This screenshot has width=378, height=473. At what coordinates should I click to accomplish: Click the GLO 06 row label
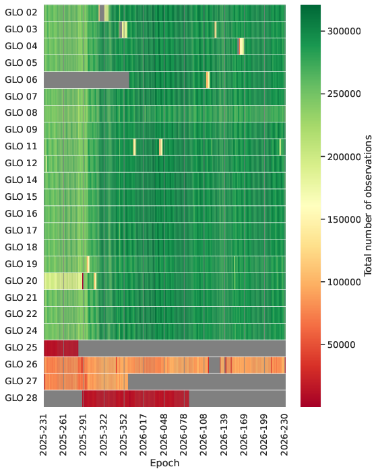point(21,79)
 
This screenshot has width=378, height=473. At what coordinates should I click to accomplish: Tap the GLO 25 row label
point(21,347)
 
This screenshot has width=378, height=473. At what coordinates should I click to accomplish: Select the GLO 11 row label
point(21,146)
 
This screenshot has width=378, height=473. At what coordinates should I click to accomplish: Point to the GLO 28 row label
point(21,398)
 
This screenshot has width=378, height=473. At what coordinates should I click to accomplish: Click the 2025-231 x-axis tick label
point(44,435)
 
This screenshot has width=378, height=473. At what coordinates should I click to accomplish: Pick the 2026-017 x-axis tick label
point(144,435)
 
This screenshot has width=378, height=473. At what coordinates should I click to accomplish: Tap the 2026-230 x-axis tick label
point(285,435)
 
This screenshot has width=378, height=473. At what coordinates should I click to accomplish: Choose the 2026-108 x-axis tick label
point(204,435)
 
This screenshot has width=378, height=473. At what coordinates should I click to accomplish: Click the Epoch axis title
point(164,463)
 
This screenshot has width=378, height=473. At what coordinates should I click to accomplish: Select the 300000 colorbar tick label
point(344,31)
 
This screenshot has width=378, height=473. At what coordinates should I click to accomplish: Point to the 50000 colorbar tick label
point(341,344)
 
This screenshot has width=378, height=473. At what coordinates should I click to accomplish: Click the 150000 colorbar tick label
point(344,219)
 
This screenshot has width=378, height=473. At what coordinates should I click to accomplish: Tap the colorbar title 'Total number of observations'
point(368,205)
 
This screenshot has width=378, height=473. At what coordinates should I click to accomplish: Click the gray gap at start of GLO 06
point(87,80)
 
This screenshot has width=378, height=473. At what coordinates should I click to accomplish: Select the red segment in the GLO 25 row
point(61,348)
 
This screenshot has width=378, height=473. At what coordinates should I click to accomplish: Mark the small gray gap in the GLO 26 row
point(214,365)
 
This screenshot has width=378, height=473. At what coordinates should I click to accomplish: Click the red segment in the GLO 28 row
point(135,398)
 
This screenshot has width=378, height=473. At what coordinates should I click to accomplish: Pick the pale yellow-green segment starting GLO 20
point(63,281)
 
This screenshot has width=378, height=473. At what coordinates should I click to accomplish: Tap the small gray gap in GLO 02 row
point(102,13)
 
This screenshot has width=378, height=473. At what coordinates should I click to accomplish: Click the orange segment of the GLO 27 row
point(86,381)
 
